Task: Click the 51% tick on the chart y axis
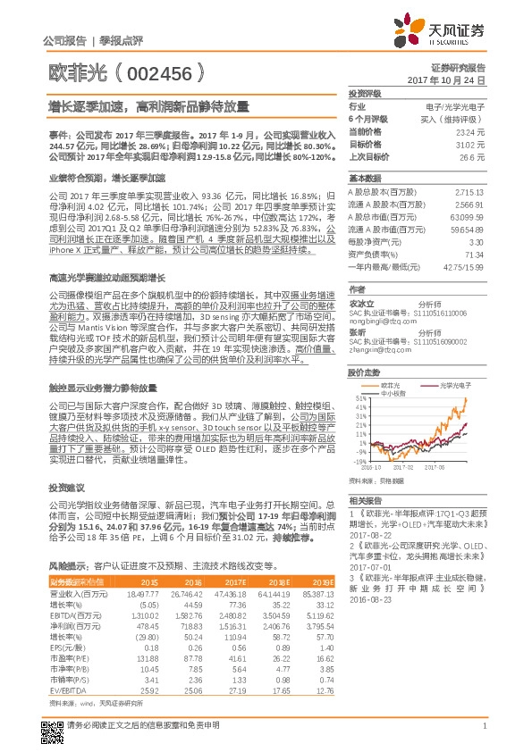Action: tap(359, 398)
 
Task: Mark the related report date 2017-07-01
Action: tap(369, 567)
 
